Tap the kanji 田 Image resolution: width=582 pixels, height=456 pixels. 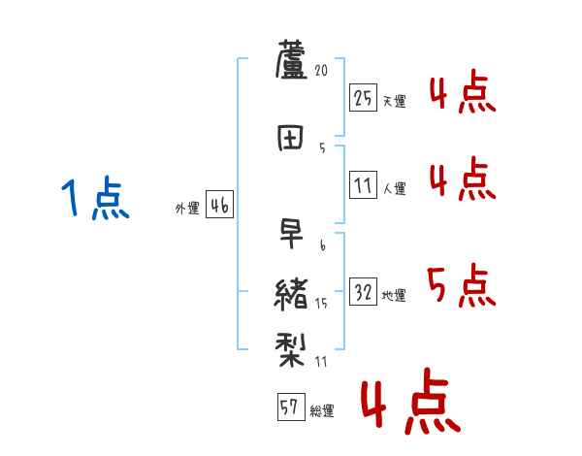click(x=291, y=137)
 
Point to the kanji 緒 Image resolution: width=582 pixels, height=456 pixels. click(x=292, y=292)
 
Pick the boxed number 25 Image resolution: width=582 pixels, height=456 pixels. click(x=364, y=97)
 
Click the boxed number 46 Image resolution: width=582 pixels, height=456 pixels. click(x=219, y=206)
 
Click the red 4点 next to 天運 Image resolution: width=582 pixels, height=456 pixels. click(x=461, y=95)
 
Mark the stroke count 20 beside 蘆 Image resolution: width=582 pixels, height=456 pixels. click(x=323, y=71)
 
